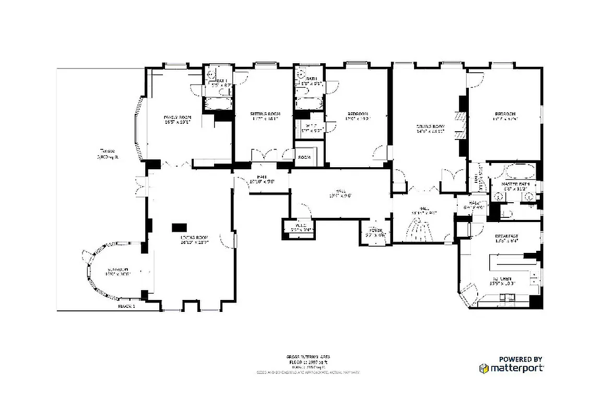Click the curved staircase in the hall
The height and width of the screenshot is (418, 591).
pos(420,230)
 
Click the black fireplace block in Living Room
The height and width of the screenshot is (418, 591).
pos(180,227)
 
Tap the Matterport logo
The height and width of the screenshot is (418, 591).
pos(511,368)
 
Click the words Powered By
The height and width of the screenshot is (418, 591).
pos(520,359)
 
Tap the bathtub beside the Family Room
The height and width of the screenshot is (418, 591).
pos(216,104)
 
